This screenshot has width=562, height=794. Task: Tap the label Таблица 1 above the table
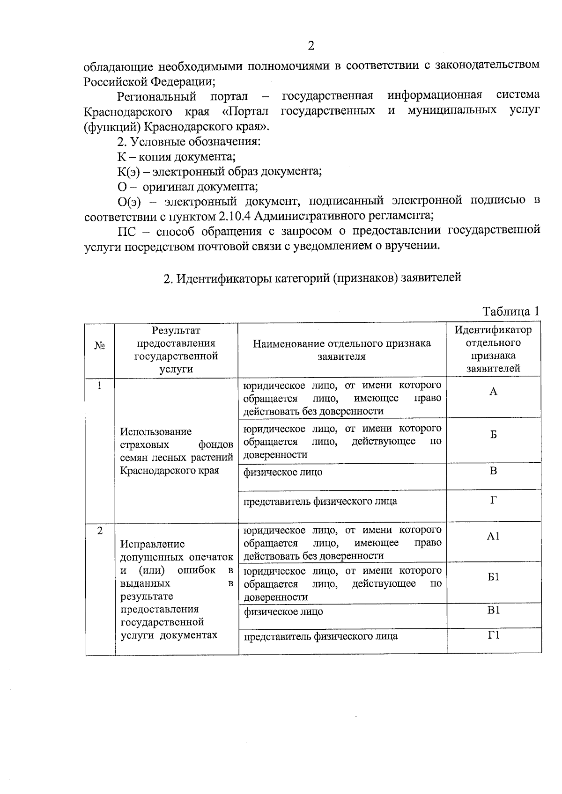coord(511,311)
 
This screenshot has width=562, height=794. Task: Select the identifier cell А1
coord(493,536)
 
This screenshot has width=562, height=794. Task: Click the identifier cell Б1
coord(493,577)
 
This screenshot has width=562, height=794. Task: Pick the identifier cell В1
coord(493,610)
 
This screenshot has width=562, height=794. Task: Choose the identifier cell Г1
coord(493,635)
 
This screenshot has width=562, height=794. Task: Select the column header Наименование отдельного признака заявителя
coord(342,350)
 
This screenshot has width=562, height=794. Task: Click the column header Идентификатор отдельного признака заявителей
coord(493,349)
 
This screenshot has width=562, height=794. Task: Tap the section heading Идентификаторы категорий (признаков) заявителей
coord(312,278)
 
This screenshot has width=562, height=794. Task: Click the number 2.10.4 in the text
coord(237,216)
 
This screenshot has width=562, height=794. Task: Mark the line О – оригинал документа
coord(187,187)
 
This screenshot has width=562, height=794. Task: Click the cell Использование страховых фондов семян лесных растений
coord(176,451)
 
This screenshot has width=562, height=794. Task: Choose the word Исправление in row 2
coord(152,544)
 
